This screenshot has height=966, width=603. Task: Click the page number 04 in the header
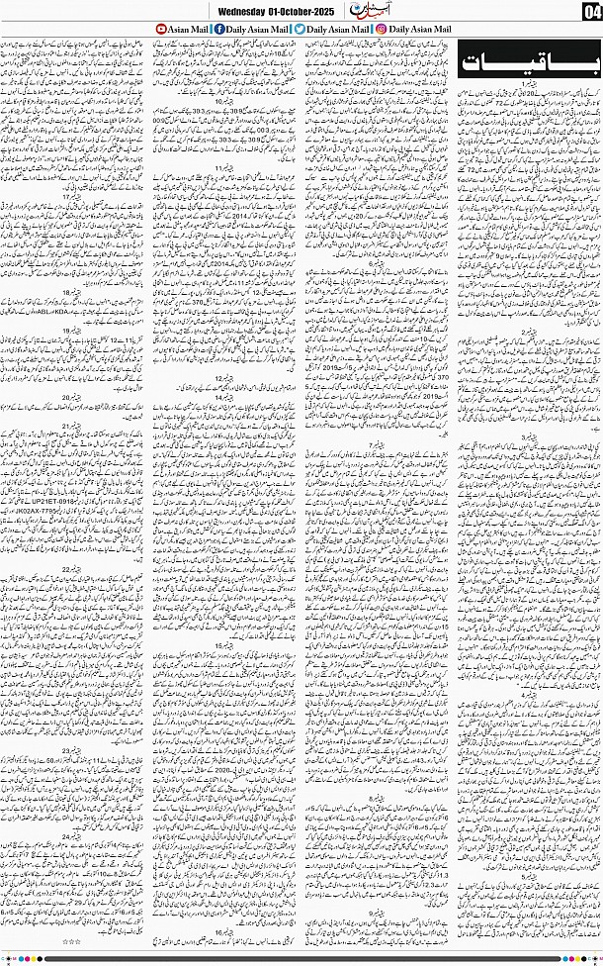pos(591,12)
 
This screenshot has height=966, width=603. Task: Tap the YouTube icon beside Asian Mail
pos(163,31)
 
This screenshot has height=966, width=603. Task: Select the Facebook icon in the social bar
pos(218,31)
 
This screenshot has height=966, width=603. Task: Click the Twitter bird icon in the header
pos(300,31)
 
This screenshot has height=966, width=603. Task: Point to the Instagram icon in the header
pos(382,31)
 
